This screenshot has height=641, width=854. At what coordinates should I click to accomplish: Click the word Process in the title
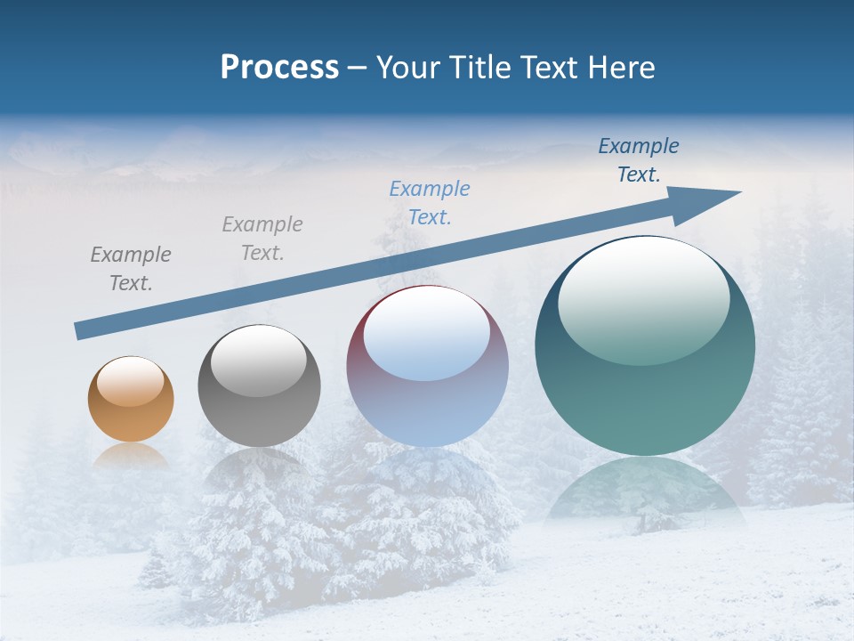(x=279, y=68)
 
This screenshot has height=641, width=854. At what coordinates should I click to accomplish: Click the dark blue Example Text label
(x=639, y=160)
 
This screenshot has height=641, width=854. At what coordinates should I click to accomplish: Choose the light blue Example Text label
(x=430, y=203)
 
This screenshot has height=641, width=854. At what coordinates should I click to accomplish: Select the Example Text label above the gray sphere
(x=262, y=239)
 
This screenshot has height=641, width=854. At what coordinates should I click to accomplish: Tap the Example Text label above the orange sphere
(x=131, y=269)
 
